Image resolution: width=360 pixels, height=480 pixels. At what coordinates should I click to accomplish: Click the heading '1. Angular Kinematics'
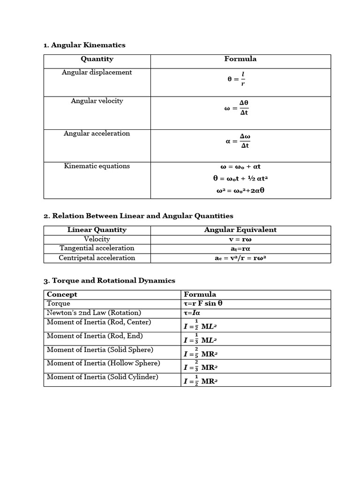coord(84,45)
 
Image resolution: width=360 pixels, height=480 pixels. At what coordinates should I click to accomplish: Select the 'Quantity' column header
coord(97,59)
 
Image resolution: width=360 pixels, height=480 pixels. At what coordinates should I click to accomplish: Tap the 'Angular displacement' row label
coord(97,72)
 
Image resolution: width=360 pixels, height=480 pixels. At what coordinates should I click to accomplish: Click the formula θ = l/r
coord(237,79)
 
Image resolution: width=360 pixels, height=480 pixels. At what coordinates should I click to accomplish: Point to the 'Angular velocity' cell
coord(97,101)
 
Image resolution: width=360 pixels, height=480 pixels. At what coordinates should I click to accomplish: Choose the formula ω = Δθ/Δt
coord(238,108)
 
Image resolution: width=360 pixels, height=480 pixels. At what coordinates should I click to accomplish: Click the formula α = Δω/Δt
coord(238,141)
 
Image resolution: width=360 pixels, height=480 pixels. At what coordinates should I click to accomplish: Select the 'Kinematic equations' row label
coord(97,166)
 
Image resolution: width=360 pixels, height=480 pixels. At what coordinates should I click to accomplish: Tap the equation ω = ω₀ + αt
coord(240,166)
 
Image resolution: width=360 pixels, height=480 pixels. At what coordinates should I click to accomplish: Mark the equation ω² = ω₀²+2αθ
coord(240,190)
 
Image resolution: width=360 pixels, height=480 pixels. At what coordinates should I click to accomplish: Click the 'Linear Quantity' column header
coord(97,230)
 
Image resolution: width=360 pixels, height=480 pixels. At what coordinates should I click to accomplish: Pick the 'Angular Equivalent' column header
coord(240,230)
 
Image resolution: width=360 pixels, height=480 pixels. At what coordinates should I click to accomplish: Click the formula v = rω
coord(240,239)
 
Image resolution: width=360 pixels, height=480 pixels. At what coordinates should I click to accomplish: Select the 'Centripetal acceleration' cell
coord(97,258)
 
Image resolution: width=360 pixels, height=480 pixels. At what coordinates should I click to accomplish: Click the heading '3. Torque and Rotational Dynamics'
coord(109,280)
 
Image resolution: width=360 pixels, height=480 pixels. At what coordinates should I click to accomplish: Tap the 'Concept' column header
coord(62,294)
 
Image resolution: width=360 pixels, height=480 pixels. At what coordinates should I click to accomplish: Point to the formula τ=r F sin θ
coord(203,303)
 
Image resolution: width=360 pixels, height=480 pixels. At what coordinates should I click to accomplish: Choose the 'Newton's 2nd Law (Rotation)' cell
coord(94,313)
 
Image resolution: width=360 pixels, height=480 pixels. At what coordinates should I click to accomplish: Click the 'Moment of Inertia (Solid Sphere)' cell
coord(100,350)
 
